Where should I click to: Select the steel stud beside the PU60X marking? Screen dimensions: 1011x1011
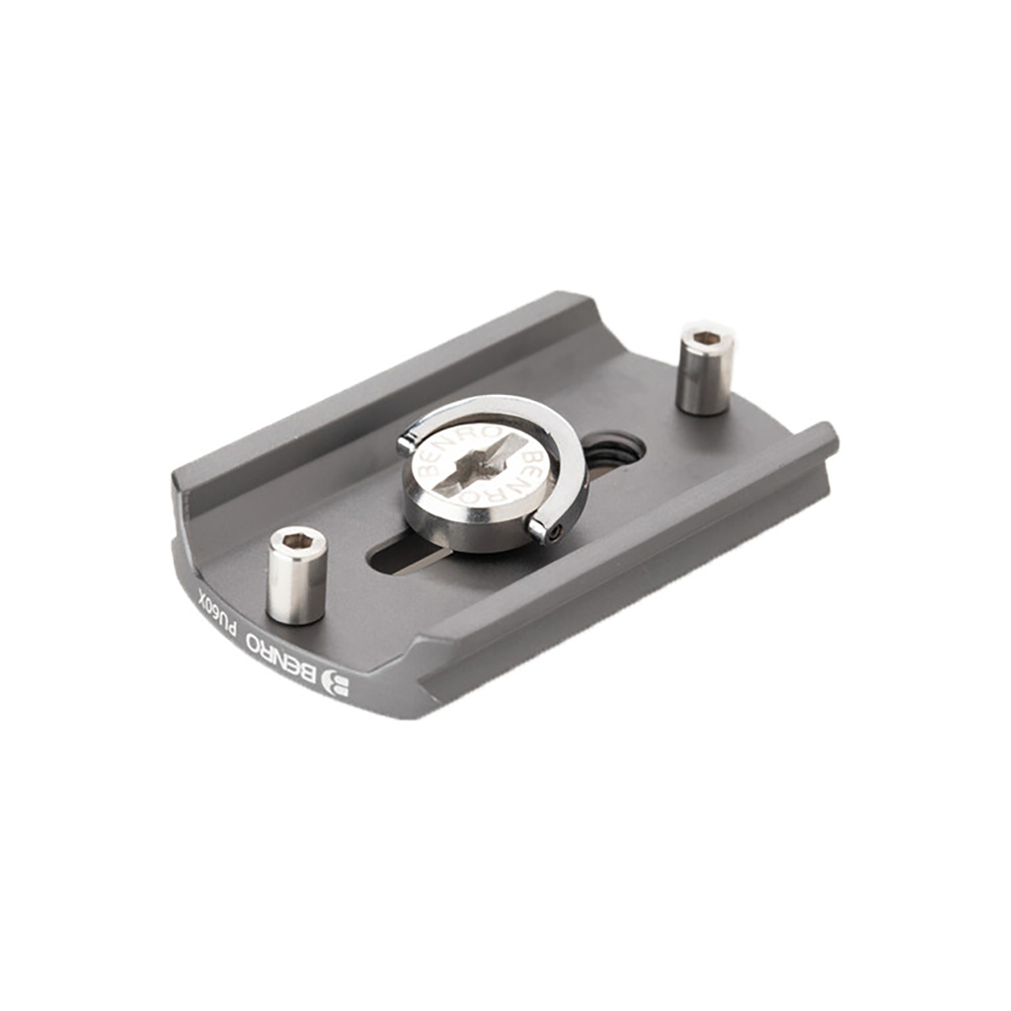coord(296,575)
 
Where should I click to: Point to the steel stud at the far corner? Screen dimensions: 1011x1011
coord(707,366)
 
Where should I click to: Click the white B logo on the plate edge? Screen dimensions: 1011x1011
coord(336,686)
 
